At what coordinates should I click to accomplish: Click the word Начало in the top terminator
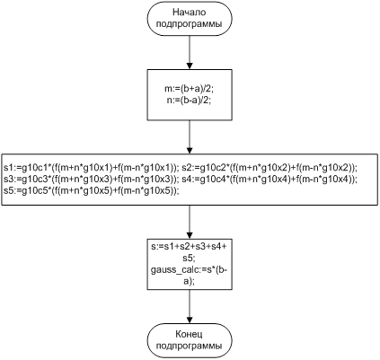click(x=190, y=13)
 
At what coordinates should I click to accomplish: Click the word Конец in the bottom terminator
click(x=190, y=334)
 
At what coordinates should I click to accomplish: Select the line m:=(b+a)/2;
click(x=190, y=90)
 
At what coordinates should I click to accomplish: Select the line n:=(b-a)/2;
click(x=190, y=101)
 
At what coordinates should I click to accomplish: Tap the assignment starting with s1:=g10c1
click(x=92, y=168)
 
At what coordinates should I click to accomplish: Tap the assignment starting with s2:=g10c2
click(x=270, y=168)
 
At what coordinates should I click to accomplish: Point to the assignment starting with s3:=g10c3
click(x=92, y=180)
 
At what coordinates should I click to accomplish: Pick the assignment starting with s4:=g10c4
click(x=270, y=180)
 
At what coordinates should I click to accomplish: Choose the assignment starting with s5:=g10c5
click(x=92, y=190)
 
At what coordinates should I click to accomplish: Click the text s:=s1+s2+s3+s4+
click(x=190, y=247)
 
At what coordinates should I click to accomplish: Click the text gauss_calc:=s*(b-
click(x=190, y=270)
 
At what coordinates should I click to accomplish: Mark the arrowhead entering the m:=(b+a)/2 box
click(x=190, y=66)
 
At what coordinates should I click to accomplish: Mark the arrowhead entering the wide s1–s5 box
click(x=190, y=151)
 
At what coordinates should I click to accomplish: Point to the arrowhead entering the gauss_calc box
click(x=190, y=235)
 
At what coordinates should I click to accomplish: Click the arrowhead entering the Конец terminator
click(x=190, y=320)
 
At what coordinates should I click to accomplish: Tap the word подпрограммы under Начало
click(x=190, y=24)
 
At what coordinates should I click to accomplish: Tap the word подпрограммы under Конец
click(x=190, y=347)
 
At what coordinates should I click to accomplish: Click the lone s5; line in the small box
click(x=190, y=259)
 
